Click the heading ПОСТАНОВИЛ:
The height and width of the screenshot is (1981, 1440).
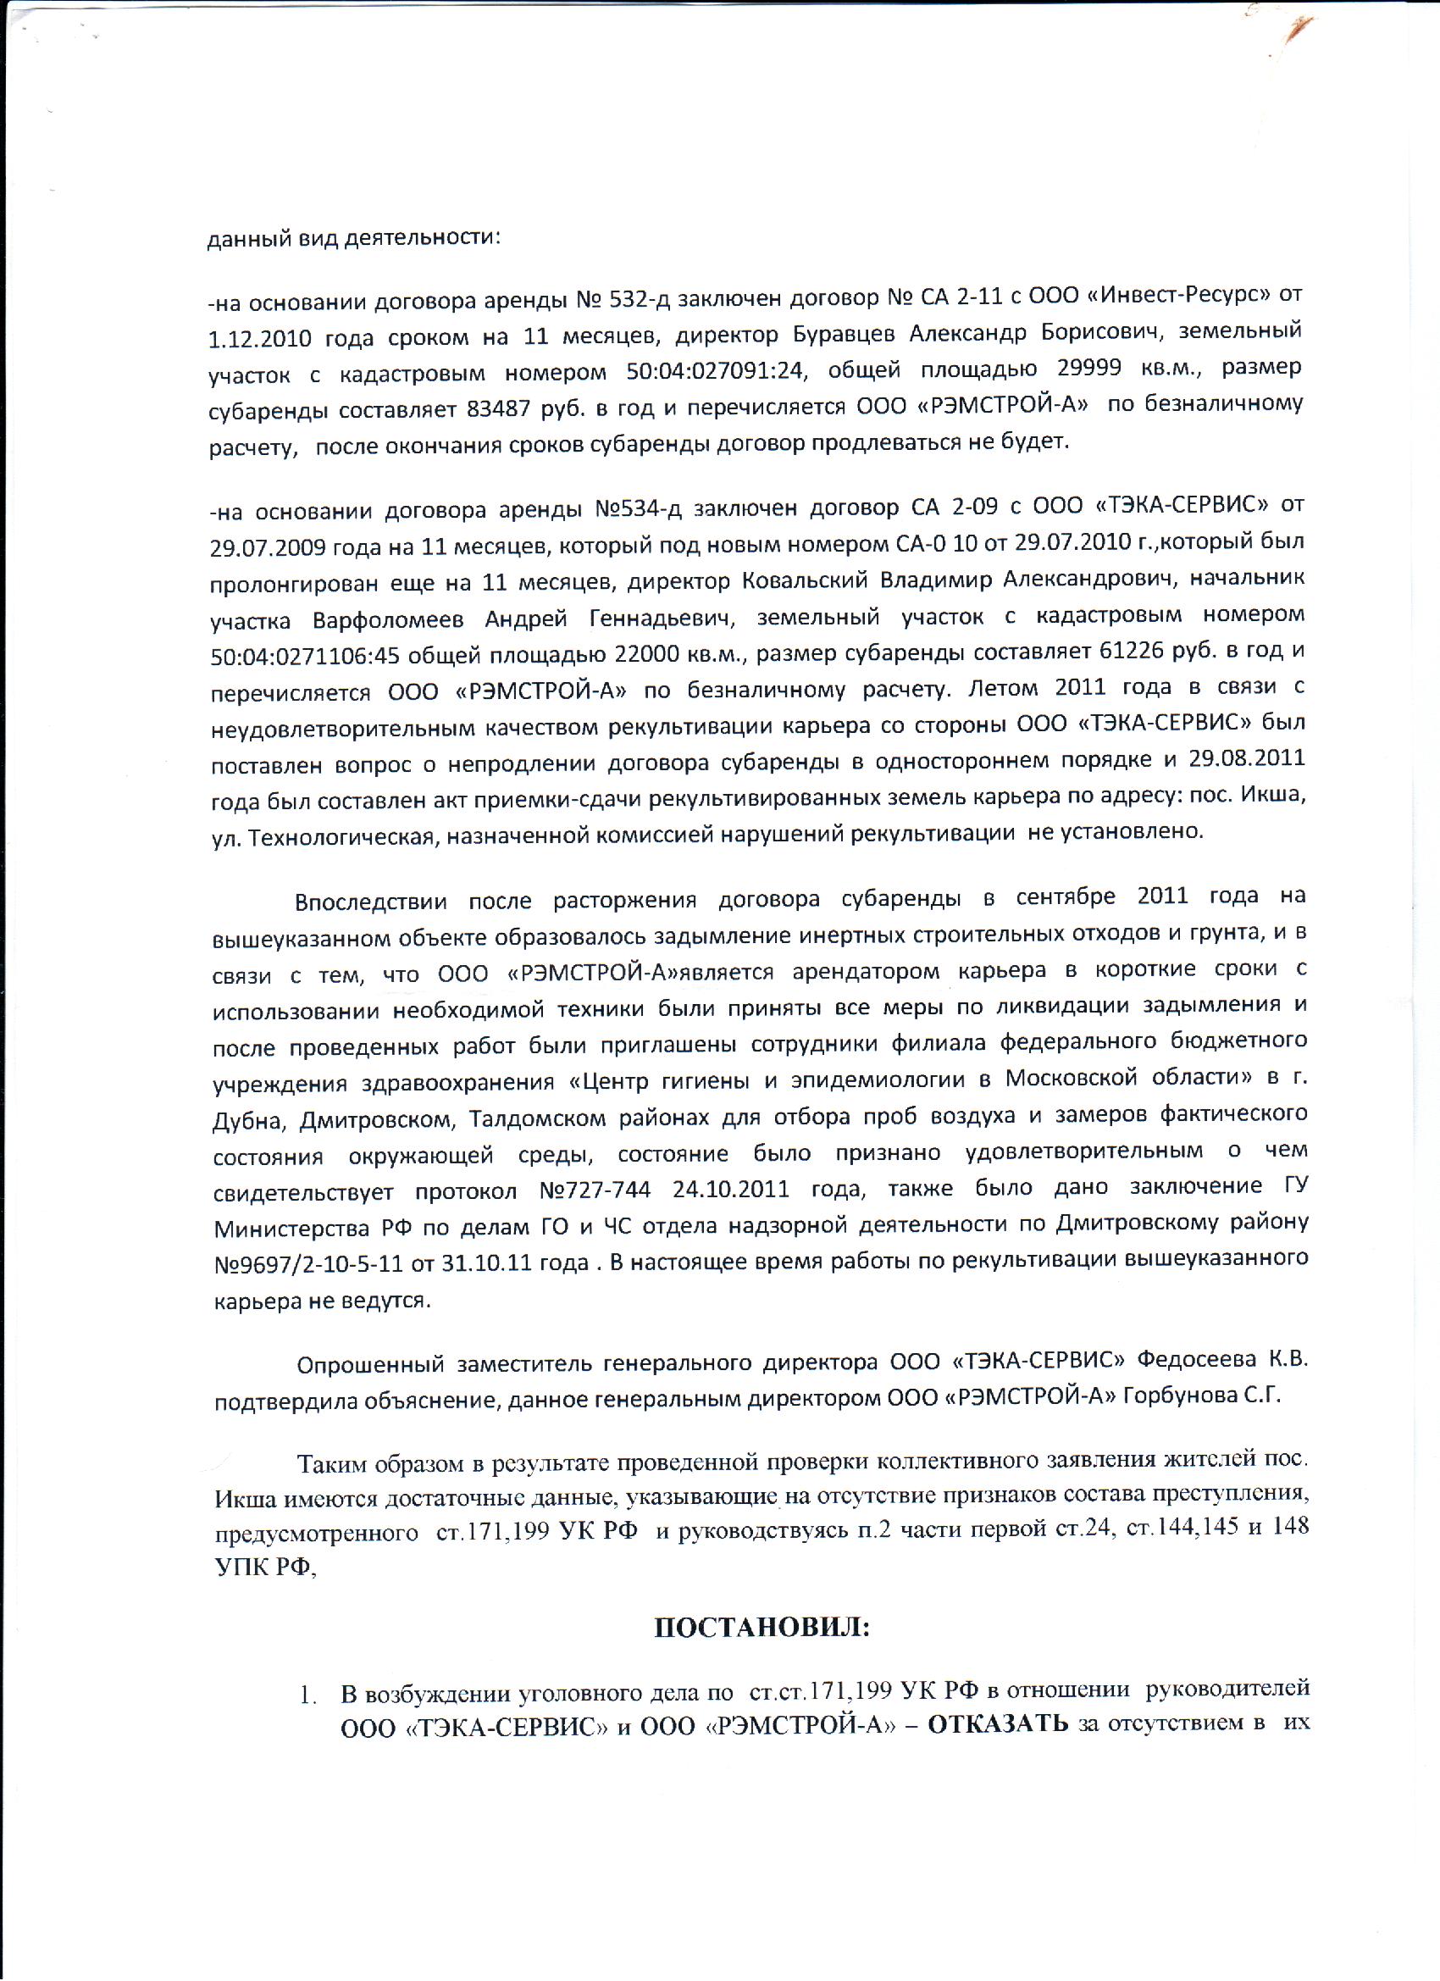pyautogui.click(x=762, y=1627)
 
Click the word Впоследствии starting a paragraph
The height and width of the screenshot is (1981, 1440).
pyautogui.click(x=370, y=901)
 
